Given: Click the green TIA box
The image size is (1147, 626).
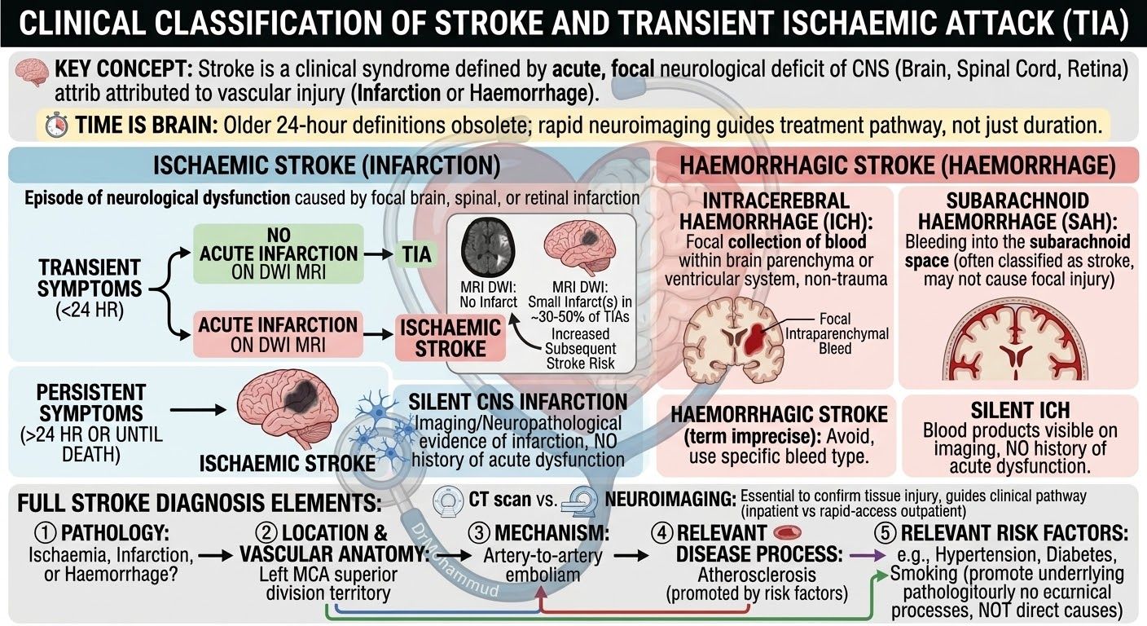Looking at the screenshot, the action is click(x=416, y=254).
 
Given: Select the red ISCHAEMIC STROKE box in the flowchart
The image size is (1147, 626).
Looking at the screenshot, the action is click(x=450, y=338).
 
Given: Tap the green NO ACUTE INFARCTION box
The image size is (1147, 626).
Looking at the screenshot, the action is click(x=279, y=253).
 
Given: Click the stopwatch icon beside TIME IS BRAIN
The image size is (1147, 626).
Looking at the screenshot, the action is click(x=56, y=126).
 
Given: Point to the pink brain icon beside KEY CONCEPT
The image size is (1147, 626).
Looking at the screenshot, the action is click(x=33, y=73).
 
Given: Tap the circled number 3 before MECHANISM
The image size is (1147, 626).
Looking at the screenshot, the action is click(x=479, y=533).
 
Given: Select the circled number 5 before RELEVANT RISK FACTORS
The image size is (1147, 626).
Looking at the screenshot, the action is click(x=886, y=533).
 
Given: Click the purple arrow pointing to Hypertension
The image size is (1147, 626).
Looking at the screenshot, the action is click(x=868, y=555).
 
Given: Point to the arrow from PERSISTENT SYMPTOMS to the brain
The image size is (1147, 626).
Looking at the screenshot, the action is click(x=198, y=410).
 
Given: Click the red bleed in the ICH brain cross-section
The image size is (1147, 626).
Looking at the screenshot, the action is click(x=758, y=338).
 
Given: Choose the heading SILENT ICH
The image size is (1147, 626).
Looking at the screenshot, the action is click(x=1020, y=410).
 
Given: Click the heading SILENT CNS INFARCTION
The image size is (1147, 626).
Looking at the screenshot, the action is click(x=517, y=402).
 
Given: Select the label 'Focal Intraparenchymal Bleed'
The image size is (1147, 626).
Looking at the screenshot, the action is click(x=836, y=333).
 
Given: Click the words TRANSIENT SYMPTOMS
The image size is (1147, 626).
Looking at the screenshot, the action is click(x=89, y=278).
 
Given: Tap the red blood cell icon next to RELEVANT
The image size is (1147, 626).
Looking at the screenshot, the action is click(x=786, y=533).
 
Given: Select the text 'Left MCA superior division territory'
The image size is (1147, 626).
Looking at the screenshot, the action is click(x=328, y=584).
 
